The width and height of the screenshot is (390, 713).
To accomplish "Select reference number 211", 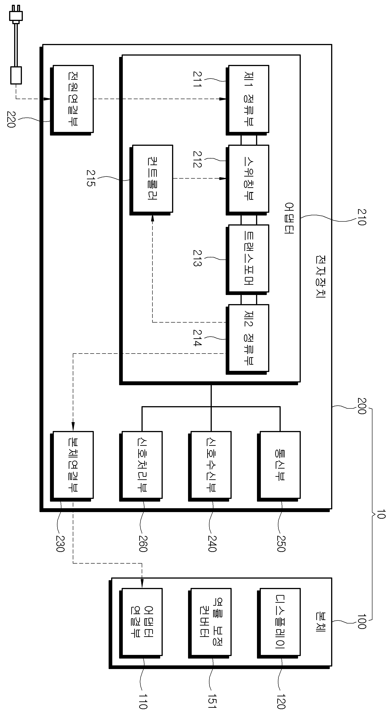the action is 197,80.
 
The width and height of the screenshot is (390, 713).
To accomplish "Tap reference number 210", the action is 362,217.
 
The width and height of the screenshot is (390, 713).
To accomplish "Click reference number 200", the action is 362,406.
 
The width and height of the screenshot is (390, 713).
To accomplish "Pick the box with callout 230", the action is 72,466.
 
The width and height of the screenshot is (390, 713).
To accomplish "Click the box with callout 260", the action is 141,466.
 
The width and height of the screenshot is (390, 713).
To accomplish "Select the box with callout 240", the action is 210,466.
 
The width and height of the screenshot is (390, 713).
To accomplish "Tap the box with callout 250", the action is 279,466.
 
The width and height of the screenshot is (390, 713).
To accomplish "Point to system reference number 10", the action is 381,514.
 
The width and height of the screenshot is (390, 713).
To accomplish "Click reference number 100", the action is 362,622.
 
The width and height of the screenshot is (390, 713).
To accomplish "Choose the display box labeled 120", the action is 279,623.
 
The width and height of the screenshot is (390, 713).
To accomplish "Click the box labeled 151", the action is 210,623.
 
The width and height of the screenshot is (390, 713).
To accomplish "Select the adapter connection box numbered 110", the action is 141,623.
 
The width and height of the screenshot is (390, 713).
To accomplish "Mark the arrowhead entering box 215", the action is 152,219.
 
